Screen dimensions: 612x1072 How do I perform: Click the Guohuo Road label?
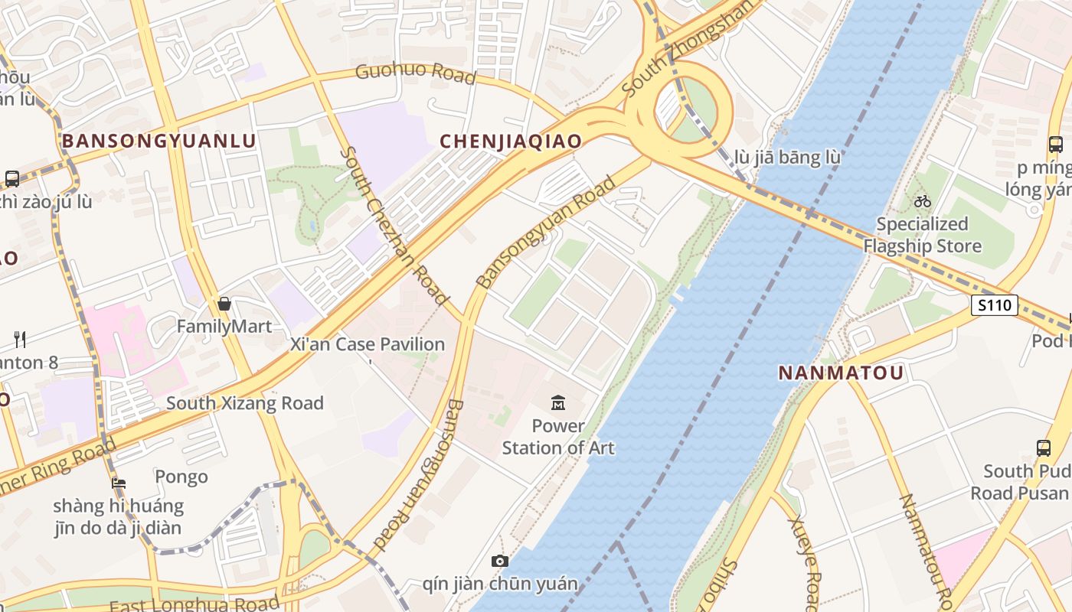coord(416,74)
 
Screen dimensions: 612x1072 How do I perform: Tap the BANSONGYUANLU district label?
coord(159,141)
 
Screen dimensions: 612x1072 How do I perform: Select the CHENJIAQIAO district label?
coord(511,141)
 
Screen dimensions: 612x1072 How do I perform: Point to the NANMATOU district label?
coord(842,373)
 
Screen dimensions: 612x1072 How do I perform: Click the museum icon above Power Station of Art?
coord(558,402)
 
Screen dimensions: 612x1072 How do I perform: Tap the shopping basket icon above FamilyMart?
coord(224,304)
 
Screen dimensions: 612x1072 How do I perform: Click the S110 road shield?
coord(995,305)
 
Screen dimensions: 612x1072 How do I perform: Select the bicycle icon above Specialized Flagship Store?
coord(923,201)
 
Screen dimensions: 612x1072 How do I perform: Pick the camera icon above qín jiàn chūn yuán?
coord(500,562)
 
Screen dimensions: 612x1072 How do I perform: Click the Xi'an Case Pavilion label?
coord(368,344)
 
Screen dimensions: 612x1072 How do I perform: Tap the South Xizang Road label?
coord(245,403)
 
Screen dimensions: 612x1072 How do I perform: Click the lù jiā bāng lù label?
coord(787,158)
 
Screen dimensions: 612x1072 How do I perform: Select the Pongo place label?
coord(181,477)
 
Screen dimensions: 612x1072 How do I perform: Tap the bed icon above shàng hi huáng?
coord(119,483)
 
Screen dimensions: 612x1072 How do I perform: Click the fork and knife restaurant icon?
coord(20,339)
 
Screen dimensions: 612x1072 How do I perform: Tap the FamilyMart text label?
coord(224,327)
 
